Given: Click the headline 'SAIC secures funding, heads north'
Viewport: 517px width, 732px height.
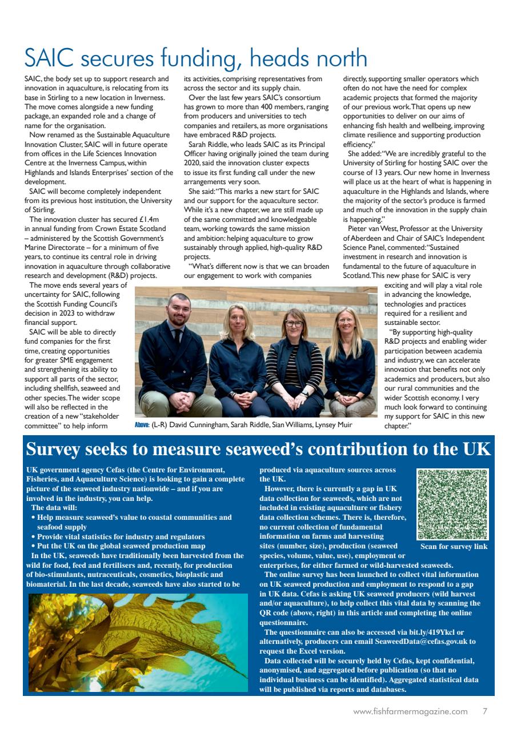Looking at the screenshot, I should (195, 59).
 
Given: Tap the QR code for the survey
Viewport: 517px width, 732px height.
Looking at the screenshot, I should (453, 504).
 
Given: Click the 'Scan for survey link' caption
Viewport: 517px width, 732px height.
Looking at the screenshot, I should (454, 547).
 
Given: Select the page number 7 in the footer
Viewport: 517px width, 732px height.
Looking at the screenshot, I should (485, 712).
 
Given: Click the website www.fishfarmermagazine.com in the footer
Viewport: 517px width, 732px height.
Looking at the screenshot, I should (411, 712).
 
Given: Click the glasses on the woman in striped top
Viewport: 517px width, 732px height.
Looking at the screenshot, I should (294, 324).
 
